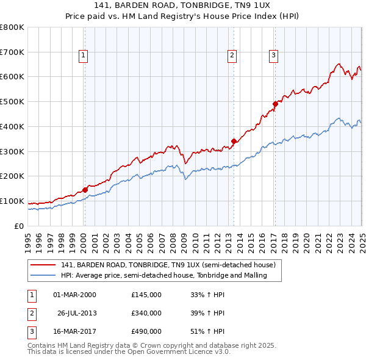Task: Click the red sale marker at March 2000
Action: point(85,190)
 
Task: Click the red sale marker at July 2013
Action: point(234,142)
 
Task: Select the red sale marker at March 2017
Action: point(274,104)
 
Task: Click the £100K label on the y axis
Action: point(12,201)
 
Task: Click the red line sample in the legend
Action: point(43,265)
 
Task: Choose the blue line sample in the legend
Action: point(43,276)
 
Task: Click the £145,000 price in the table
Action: point(146,295)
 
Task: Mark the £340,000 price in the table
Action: point(146,313)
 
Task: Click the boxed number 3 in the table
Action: point(32,332)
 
